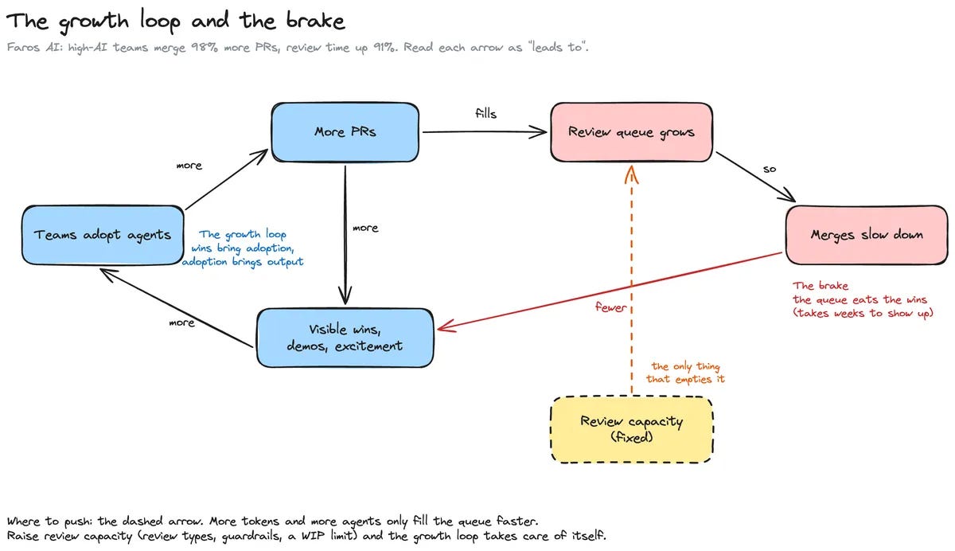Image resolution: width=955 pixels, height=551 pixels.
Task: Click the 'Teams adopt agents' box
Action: pyautogui.click(x=103, y=235)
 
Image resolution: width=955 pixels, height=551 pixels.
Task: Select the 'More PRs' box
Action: pyautogui.click(x=345, y=132)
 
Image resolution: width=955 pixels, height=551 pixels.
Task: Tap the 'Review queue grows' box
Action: pyautogui.click(x=631, y=132)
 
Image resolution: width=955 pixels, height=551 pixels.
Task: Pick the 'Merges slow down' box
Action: pyautogui.click(x=867, y=235)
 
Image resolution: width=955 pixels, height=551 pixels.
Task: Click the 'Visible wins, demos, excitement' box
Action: pyautogui.click(x=345, y=338)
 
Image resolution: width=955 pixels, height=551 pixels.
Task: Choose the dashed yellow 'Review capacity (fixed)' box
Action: pyautogui.click(x=631, y=429)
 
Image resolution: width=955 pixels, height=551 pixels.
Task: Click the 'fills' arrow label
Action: pyautogui.click(x=485, y=113)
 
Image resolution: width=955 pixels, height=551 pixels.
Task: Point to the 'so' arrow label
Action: pyautogui.click(x=769, y=170)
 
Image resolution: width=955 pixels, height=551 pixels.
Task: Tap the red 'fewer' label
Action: pyautogui.click(x=610, y=307)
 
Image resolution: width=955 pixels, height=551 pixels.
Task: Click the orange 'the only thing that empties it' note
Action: pyautogui.click(x=685, y=373)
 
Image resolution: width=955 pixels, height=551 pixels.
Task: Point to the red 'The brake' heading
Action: pyautogui.click(x=821, y=285)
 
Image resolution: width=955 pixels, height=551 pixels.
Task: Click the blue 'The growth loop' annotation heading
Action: pyautogui.click(x=243, y=234)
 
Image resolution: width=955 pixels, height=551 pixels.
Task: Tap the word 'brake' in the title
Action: pyautogui.click(x=315, y=21)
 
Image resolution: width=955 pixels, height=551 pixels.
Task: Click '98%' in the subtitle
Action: pyautogui.click(x=204, y=47)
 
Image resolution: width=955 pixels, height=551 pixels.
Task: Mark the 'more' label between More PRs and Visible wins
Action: pyautogui.click(x=365, y=229)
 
